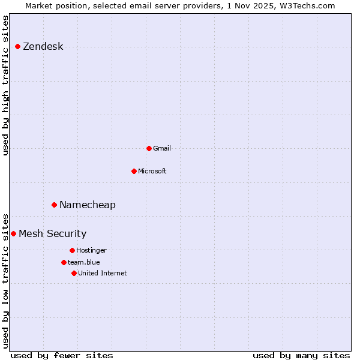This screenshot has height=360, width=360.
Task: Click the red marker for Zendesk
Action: click(17, 47)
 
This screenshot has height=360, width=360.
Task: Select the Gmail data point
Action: click(149, 148)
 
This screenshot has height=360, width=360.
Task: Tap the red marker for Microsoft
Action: click(134, 171)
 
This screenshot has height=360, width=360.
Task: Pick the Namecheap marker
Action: click(54, 205)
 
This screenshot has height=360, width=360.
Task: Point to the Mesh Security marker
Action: click(13, 233)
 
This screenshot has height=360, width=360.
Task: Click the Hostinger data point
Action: click(72, 250)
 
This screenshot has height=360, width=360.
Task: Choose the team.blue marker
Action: click(64, 262)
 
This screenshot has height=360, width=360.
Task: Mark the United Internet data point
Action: click(74, 273)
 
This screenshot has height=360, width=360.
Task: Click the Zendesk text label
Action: click(43, 47)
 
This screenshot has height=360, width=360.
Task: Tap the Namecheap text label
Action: click(88, 205)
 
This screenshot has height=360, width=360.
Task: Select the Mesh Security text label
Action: click(52, 233)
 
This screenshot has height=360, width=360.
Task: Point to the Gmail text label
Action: click(162, 148)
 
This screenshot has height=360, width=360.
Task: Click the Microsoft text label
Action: click(152, 171)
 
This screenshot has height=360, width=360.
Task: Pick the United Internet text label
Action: click(103, 273)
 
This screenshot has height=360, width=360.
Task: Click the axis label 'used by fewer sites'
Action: click(62, 355)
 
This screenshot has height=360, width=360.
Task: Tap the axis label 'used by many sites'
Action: click(301, 355)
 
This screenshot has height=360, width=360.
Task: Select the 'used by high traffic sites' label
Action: click(6, 85)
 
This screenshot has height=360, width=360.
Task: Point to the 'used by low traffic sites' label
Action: click(6, 280)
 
